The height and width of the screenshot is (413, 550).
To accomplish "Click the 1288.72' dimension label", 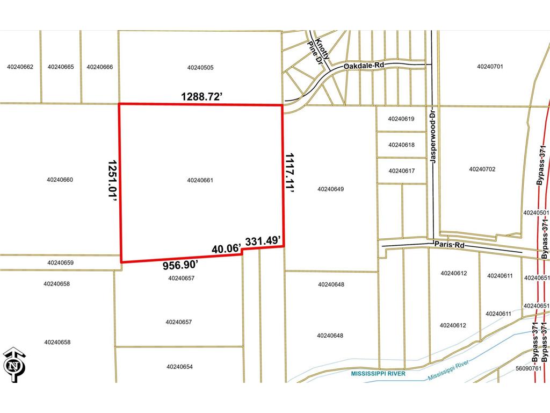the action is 201,97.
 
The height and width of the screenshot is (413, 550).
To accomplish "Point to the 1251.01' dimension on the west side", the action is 112,180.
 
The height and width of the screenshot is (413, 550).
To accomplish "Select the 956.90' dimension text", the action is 181,265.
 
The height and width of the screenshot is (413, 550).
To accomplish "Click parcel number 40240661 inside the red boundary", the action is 200,180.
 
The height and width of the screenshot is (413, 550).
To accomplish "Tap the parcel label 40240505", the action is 200,68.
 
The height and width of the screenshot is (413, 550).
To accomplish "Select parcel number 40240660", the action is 60,180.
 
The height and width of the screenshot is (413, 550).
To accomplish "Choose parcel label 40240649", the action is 330,189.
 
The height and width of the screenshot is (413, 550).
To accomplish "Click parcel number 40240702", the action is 482,169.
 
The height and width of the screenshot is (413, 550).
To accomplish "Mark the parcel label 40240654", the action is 179,367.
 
